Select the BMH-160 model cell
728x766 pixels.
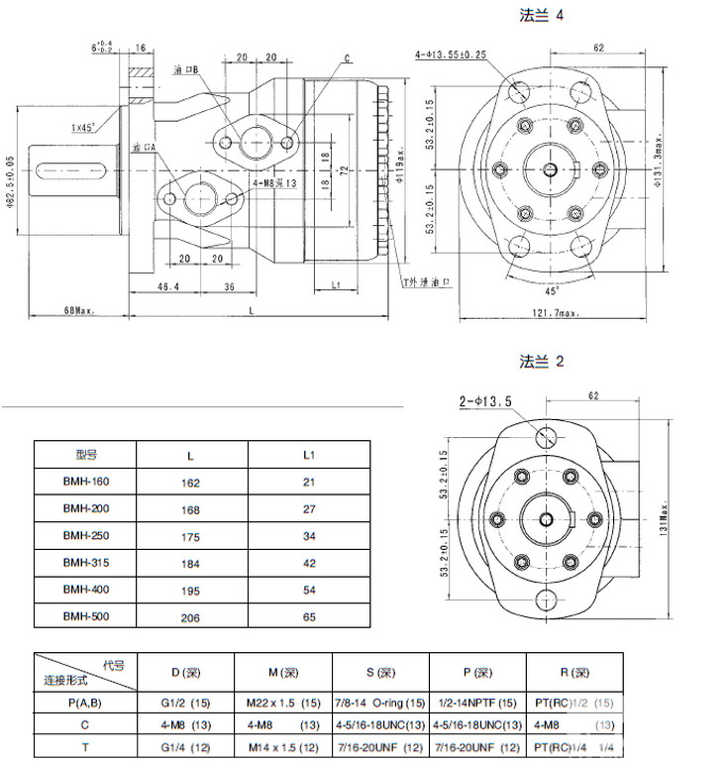pos(86,483)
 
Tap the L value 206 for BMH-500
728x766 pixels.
pos(191,617)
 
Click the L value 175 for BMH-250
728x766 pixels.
pos(191,537)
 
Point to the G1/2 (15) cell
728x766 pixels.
pos(187,702)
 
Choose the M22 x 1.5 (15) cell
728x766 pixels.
pos(283,702)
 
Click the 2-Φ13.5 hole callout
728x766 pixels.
pos(484,401)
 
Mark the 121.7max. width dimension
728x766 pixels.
pos(553,313)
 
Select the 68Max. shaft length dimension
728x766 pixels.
pos(78,310)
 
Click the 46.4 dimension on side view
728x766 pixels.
pos(168,287)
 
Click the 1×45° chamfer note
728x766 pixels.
pos(82,128)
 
